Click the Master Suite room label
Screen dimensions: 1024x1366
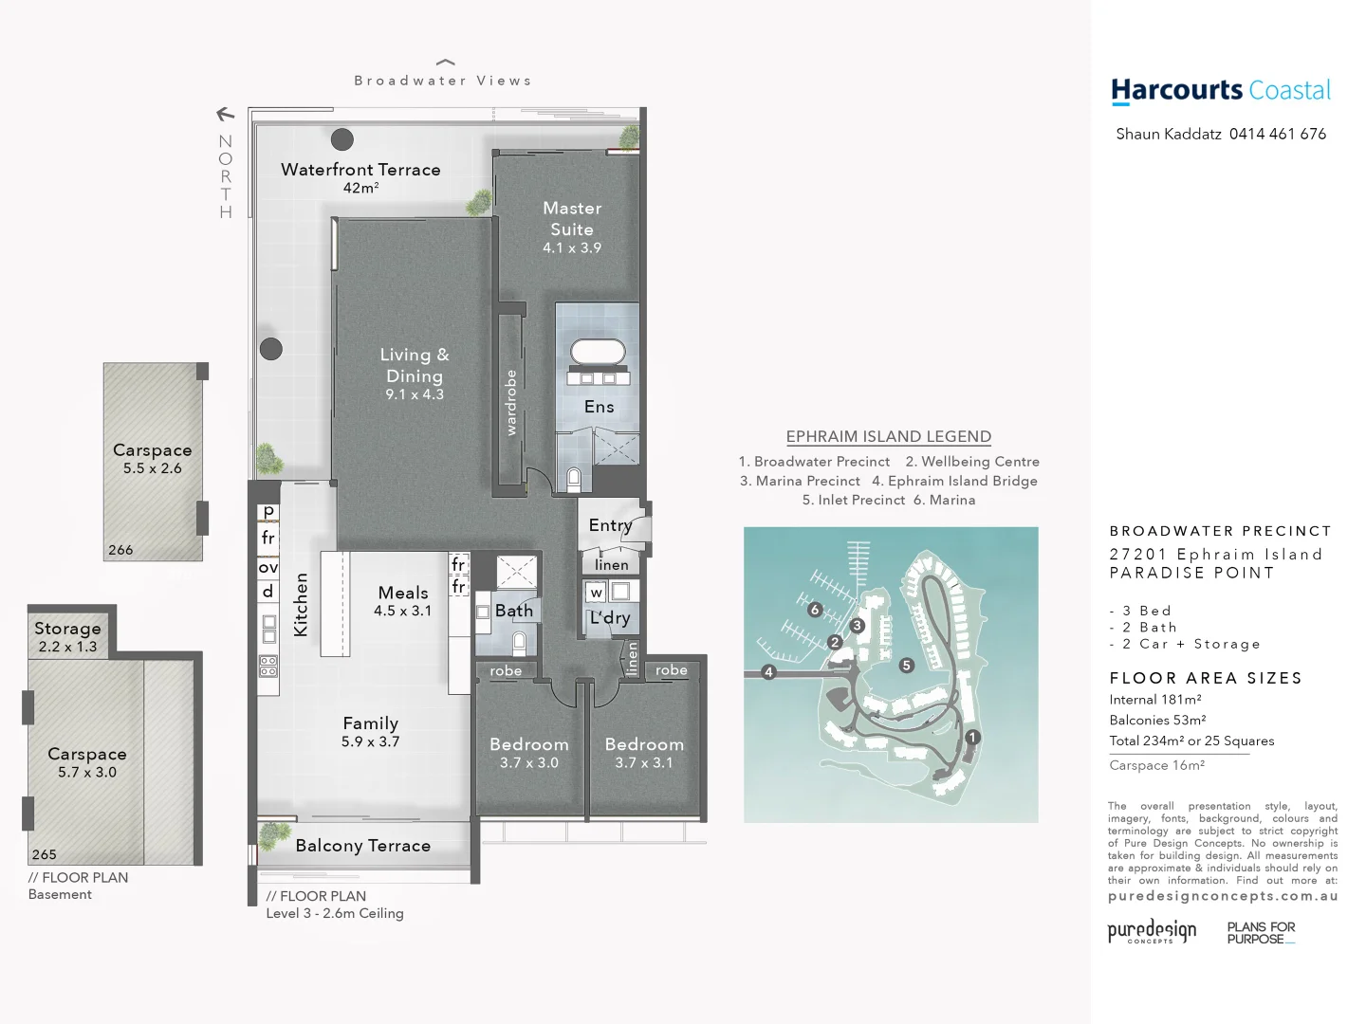coord(572,218)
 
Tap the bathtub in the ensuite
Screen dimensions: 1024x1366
coord(598,352)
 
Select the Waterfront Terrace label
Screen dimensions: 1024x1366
coord(360,170)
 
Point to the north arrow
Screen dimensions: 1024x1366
coord(225,115)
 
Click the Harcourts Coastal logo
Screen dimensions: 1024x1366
coord(1220,91)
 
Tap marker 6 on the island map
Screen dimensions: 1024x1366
coord(814,610)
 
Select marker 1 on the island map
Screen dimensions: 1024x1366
coord(971,737)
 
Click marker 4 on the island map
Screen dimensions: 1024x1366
coord(768,671)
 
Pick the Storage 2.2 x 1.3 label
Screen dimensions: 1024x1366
coord(67,636)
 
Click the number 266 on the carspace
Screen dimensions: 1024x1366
coord(120,550)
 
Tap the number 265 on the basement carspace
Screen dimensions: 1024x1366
coord(44,854)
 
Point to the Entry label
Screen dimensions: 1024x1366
coord(610,525)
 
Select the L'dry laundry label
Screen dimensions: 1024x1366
coord(610,618)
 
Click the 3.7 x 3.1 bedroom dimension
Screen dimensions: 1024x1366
coord(643,762)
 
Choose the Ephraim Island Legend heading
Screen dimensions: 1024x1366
coord(888,436)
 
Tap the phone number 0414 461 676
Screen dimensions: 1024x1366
coord(1277,134)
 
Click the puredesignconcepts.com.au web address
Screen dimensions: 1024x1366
coord(1223,896)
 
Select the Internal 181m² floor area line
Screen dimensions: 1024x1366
coord(1154,700)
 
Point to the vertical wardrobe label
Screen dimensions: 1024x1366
coord(511,403)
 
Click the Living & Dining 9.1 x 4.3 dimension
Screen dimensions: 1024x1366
coord(415,394)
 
